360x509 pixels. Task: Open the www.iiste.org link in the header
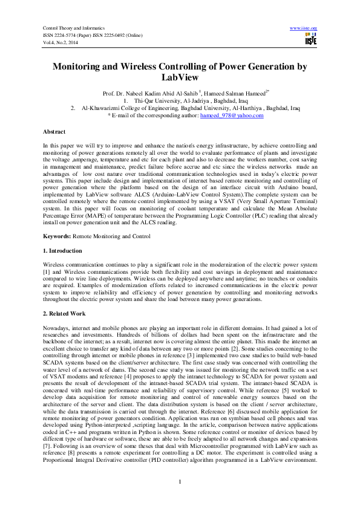click(304, 28)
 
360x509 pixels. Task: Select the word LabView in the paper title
click(180, 78)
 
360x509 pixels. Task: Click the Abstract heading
click(54, 131)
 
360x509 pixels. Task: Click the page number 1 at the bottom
click(180, 481)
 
